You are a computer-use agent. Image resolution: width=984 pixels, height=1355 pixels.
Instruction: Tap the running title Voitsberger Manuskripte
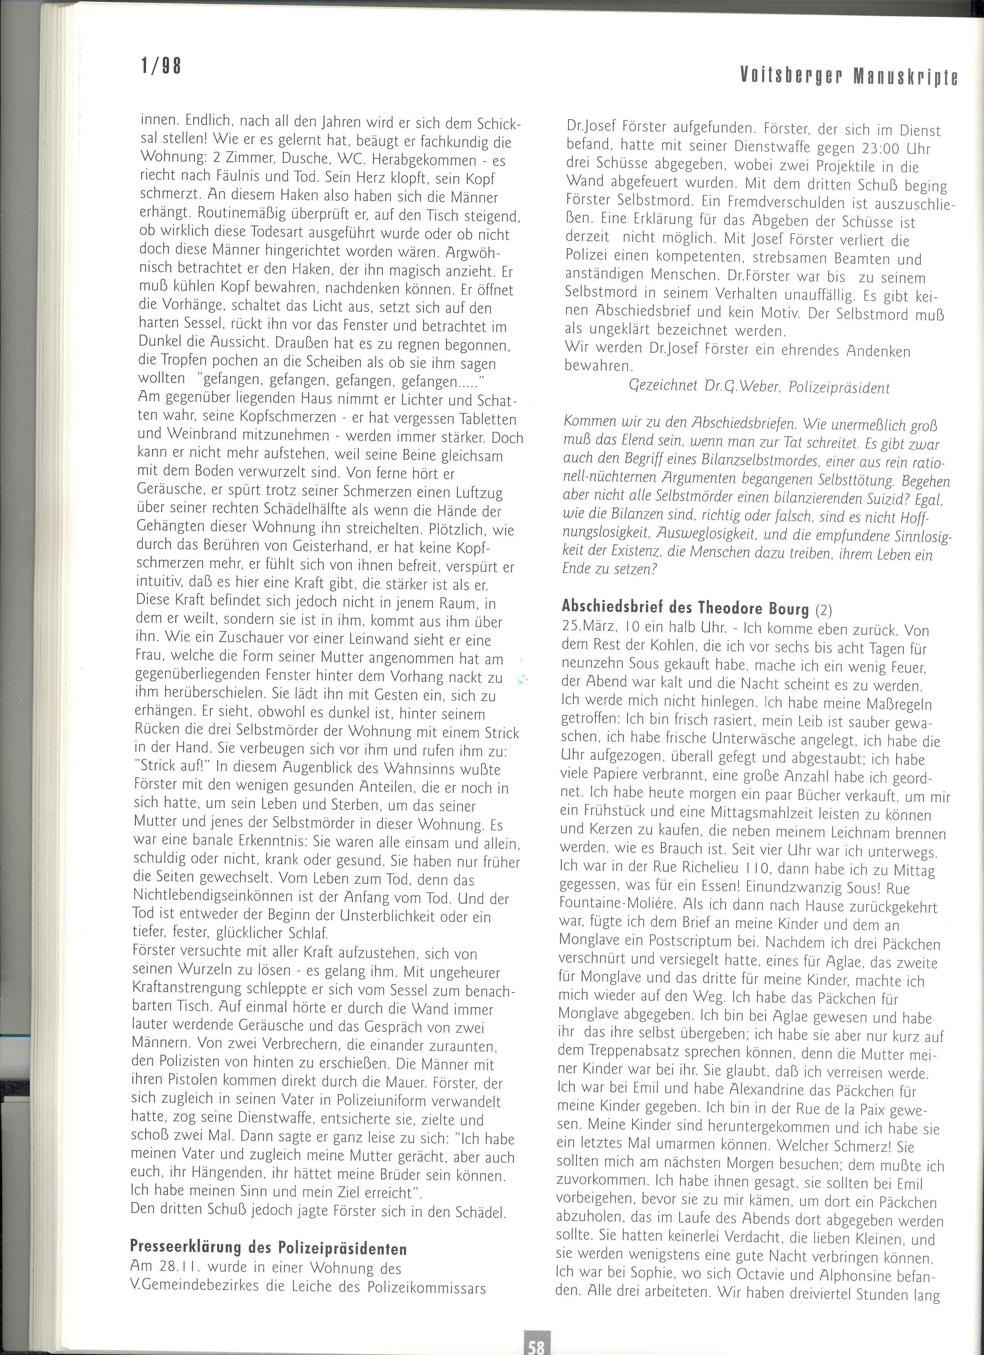pyautogui.click(x=849, y=76)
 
